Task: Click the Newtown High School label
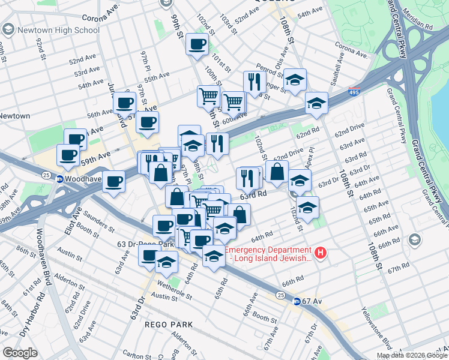59,29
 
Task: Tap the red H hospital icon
321,253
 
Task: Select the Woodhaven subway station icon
60,179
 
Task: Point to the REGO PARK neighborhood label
169,325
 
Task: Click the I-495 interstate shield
355,94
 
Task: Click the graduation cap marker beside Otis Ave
295,80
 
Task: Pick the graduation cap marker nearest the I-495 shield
316,103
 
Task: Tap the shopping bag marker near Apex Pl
277,171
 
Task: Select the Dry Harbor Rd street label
25,312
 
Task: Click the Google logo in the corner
20,353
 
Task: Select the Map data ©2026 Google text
411,355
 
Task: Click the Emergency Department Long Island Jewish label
268,254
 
